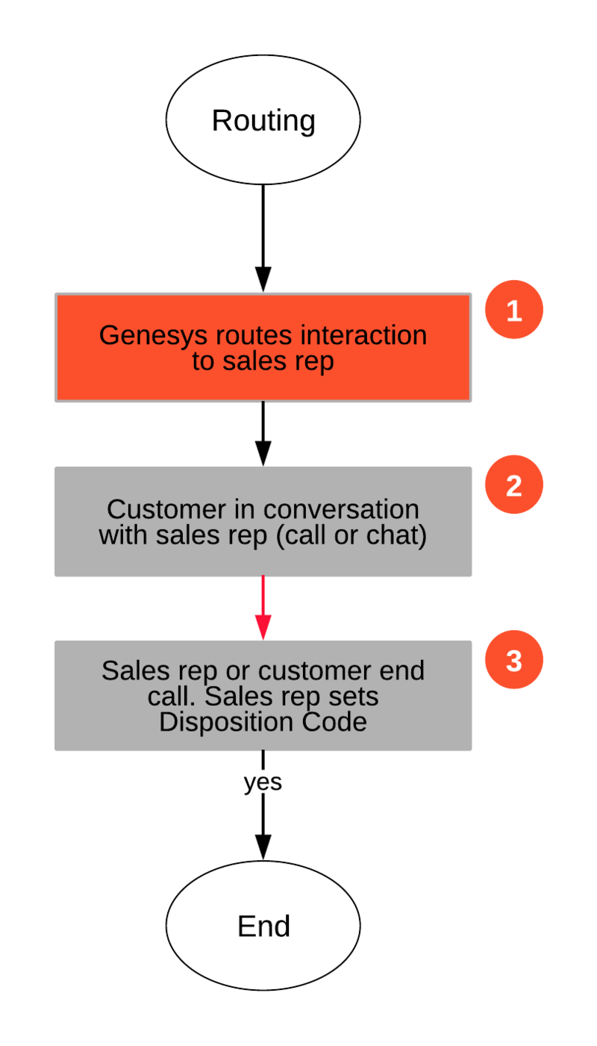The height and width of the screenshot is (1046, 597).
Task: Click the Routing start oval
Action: pyautogui.click(x=263, y=119)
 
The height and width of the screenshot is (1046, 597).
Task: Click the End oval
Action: pyautogui.click(x=263, y=925)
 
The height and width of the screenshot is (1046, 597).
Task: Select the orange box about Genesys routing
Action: pyautogui.click(x=263, y=347)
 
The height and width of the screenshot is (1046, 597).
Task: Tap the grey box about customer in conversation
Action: pyautogui.click(x=263, y=522)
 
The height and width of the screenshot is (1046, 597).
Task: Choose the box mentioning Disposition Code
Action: pyautogui.click(x=263, y=696)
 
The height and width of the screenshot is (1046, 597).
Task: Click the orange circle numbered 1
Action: pyautogui.click(x=514, y=309)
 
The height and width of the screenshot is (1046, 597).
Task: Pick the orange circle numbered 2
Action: pyautogui.click(x=514, y=485)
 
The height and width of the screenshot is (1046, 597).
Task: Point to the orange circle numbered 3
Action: pyautogui.click(x=514, y=659)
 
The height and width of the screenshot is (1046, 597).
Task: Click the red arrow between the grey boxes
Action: pyautogui.click(x=263, y=608)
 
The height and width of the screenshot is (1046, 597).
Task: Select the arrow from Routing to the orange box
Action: pyautogui.click(x=263, y=238)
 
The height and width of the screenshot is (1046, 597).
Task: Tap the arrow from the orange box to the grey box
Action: pyautogui.click(x=263, y=434)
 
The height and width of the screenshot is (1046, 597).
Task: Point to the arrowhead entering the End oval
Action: pyautogui.click(x=263, y=847)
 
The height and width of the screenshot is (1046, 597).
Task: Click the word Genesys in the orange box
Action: pyautogui.click(x=153, y=336)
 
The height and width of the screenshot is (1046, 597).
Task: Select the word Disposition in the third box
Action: pyautogui.click(x=226, y=723)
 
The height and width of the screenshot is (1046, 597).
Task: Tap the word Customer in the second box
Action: pyautogui.click(x=166, y=509)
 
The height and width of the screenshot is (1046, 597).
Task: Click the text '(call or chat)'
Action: pyautogui.click(x=351, y=535)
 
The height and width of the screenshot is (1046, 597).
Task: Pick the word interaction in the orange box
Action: pyautogui.click(x=363, y=335)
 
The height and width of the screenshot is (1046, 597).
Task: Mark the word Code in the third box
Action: pyautogui.click(x=334, y=722)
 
